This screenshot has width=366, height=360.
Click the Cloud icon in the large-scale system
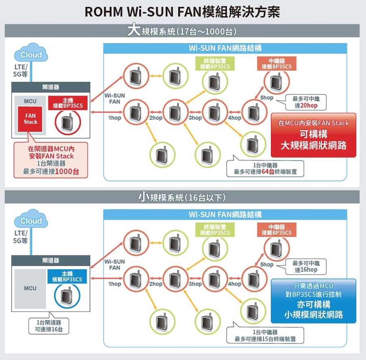30,55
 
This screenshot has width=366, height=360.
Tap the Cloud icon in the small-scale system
30,221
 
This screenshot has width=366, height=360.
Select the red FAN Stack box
30,119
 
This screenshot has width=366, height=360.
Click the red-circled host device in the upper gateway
68,122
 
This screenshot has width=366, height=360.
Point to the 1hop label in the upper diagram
115,118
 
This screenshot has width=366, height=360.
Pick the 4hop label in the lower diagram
235,284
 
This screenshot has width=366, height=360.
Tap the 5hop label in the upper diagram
267,98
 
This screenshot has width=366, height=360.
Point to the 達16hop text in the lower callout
306,270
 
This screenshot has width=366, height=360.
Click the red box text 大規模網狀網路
314,146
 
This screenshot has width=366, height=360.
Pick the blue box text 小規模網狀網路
314,314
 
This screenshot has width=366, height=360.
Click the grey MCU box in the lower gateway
30,288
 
